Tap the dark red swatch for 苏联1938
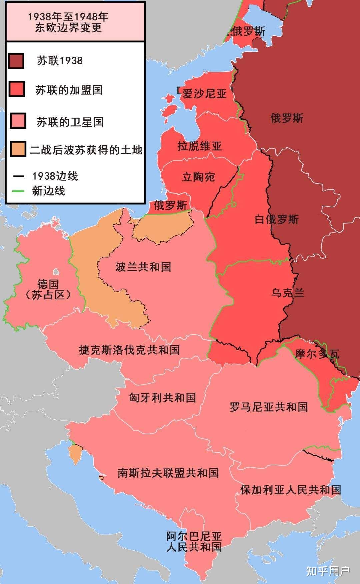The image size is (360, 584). [x=16, y=61]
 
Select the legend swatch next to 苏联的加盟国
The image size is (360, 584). [x=17, y=89]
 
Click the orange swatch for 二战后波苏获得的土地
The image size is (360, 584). [x=18, y=149]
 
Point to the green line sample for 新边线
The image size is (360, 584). [x=19, y=191]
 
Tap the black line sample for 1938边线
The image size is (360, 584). [x=19, y=176]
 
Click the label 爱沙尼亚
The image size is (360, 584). [x=204, y=94]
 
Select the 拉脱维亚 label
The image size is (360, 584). [x=199, y=146]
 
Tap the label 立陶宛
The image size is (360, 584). [x=198, y=177]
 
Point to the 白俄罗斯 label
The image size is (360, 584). [x=276, y=220]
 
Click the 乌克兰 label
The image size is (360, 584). [x=287, y=293]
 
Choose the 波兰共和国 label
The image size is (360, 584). [x=143, y=267]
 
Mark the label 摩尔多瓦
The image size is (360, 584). [x=317, y=354]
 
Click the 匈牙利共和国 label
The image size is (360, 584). [x=162, y=397]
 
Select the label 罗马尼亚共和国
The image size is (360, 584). [x=269, y=407]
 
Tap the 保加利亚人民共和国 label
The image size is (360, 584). [x=290, y=489]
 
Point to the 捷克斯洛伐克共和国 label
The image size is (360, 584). [x=129, y=350]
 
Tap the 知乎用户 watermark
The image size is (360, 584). [x=328, y=571]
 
